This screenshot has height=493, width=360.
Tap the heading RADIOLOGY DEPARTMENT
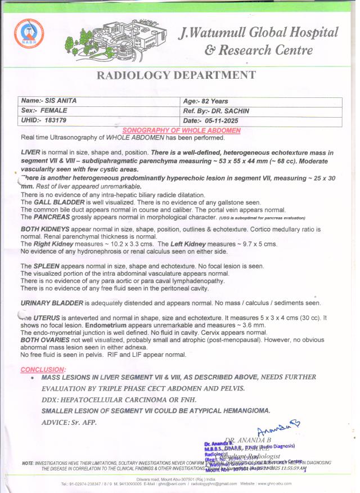(177, 75)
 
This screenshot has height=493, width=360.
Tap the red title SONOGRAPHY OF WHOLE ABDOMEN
(181, 130)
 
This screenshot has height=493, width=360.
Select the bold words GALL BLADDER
(53, 201)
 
